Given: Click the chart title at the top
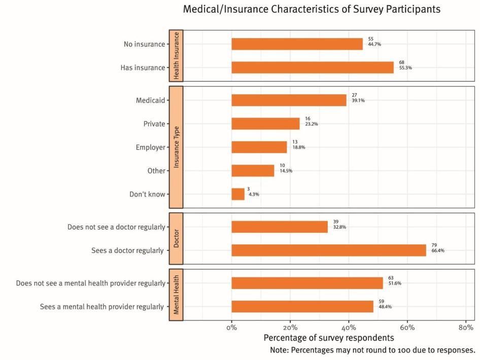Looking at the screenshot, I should point(312,10).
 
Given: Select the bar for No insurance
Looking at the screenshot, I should point(297,44).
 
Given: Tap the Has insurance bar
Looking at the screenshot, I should point(312,67).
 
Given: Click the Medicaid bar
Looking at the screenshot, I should point(289,100).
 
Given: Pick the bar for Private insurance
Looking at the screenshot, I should point(265,124).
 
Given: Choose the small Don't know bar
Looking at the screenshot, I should point(238,194).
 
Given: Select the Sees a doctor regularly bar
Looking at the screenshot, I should point(329,250).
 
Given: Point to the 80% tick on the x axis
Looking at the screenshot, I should point(466,328).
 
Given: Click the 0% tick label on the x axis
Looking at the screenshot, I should point(232,328).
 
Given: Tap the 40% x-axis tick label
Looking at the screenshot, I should point(349,328).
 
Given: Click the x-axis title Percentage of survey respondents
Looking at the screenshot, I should point(329,338).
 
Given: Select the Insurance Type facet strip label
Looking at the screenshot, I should point(176,147).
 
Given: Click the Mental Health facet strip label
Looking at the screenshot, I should point(176,295).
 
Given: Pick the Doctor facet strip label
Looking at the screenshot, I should point(176,238).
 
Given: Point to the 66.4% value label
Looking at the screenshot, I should point(438,250).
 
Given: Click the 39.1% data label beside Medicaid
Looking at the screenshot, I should point(357,100).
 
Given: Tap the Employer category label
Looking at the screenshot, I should point(150,147).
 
